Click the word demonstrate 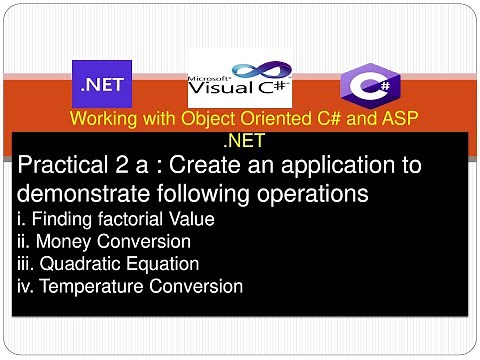tap(81, 191)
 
